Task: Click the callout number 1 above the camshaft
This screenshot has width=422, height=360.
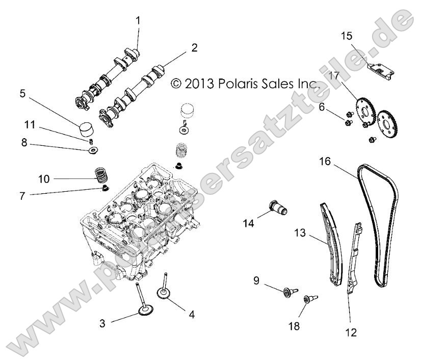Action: [x=137, y=20]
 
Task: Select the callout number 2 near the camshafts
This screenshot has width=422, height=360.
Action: [x=194, y=47]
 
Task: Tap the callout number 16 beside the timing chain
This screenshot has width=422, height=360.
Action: [x=325, y=162]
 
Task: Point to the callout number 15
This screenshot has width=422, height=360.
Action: [x=347, y=36]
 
